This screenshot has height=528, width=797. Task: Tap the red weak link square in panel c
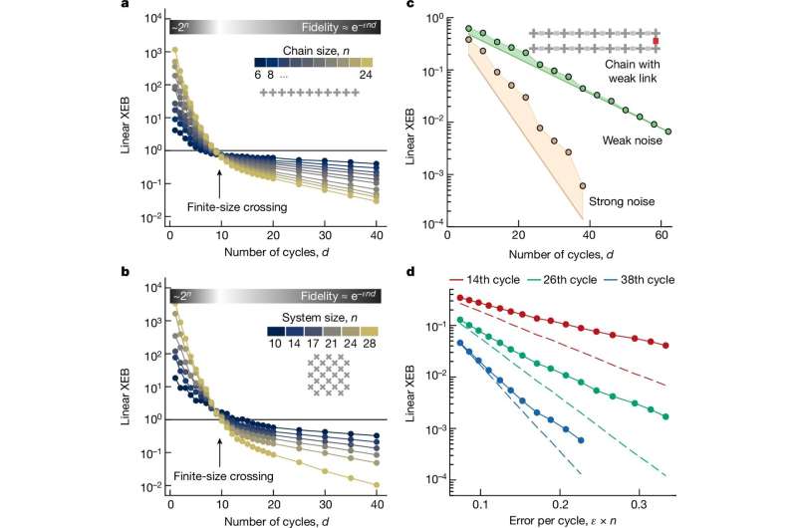(656, 41)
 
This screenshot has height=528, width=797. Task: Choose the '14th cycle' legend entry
(523, 280)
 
